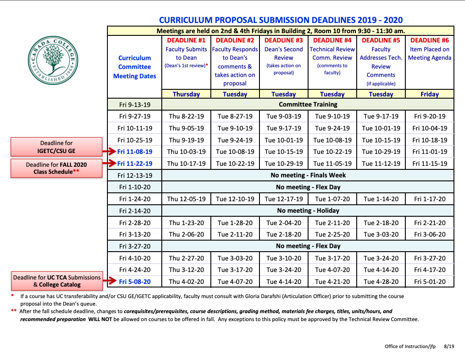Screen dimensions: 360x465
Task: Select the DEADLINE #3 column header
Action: tap(283, 40)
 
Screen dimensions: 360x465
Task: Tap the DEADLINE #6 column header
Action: tap(429, 40)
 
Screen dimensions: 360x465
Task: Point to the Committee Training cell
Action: tap(308, 104)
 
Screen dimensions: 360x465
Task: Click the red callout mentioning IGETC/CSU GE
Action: tap(57, 147)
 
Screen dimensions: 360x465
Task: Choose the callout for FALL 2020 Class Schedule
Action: tap(57, 168)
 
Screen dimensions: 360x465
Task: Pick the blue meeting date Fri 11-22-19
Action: tap(135, 164)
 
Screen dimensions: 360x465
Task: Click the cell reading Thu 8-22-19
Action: tap(186, 116)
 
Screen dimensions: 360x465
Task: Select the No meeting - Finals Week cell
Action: tap(308, 175)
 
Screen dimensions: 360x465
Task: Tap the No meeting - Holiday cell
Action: tap(308, 211)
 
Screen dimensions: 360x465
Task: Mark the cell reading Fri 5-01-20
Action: tap(430, 282)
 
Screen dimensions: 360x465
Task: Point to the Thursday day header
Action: tap(186, 94)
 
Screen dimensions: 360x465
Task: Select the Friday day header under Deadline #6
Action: tap(430, 94)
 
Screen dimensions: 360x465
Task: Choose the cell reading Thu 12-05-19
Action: tap(186, 199)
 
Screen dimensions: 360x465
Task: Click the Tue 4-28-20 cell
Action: tap(381, 282)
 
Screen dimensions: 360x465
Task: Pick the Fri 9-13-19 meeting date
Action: tap(135, 104)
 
